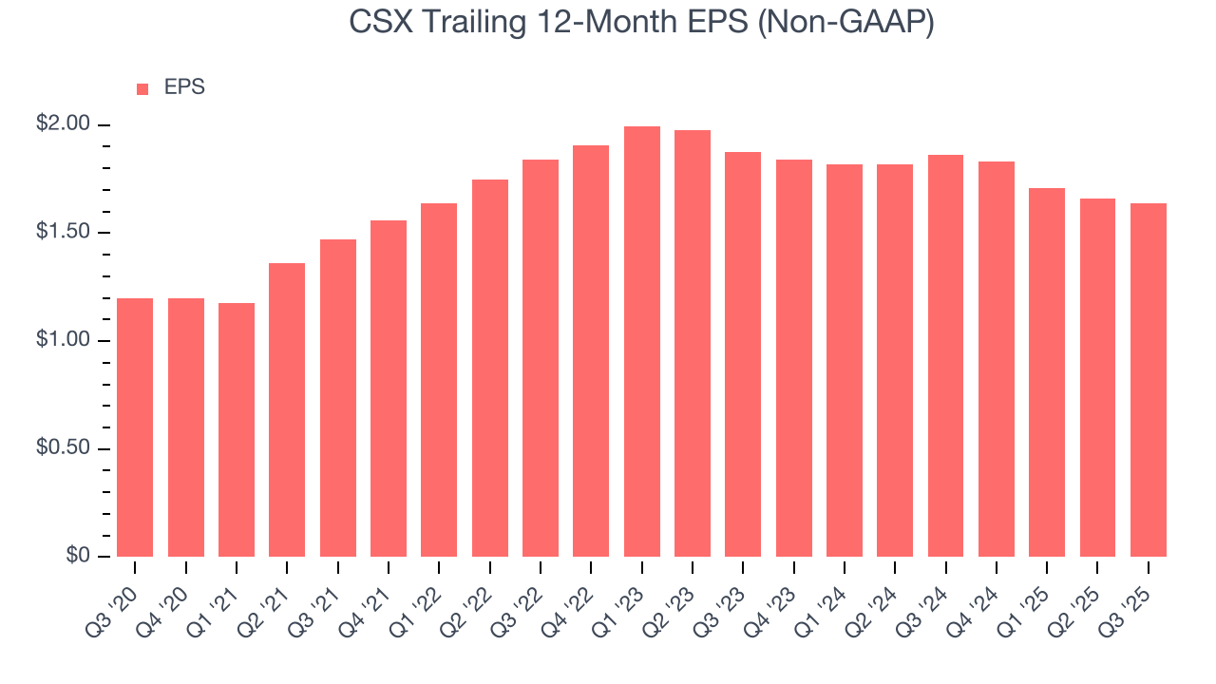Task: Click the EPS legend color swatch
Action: point(142,89)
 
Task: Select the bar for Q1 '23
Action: point(642,341)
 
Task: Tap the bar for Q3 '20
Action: point(135,427)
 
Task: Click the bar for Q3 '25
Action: point(1149,380)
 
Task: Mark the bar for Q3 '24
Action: point(945,355)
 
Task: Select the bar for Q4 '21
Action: point(389,389)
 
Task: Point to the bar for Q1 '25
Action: point(1047,372)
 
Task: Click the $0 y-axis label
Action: point(77,557)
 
